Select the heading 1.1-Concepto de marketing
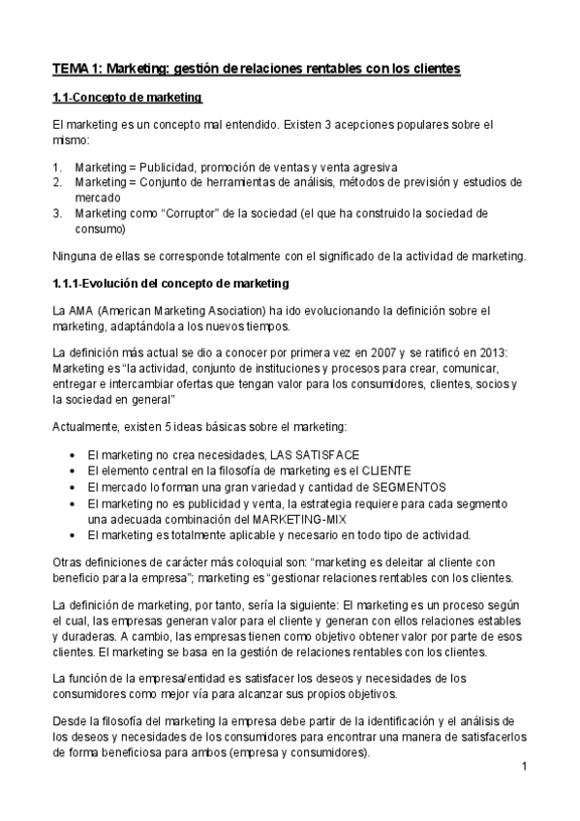click(x=126, y=98)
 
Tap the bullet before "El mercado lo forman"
click(x=76, y=486)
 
